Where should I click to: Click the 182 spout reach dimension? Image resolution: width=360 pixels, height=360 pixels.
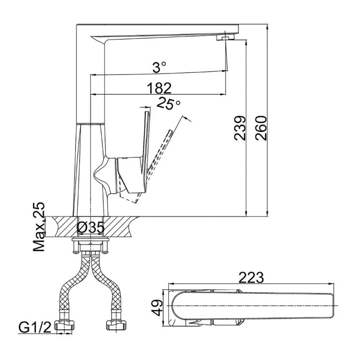click(158, 88)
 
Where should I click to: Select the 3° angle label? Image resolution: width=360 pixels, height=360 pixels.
click(159, 67)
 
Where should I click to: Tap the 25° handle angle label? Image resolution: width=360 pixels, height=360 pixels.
click(169, 104)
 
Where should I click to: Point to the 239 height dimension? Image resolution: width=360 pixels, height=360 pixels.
click(239, 128)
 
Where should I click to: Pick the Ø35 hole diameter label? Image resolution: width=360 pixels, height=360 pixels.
click(90, 228)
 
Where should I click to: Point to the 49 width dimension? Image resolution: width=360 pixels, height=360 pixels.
click(158, 307)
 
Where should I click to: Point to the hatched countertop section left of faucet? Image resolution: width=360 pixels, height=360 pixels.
click(64, 226)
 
